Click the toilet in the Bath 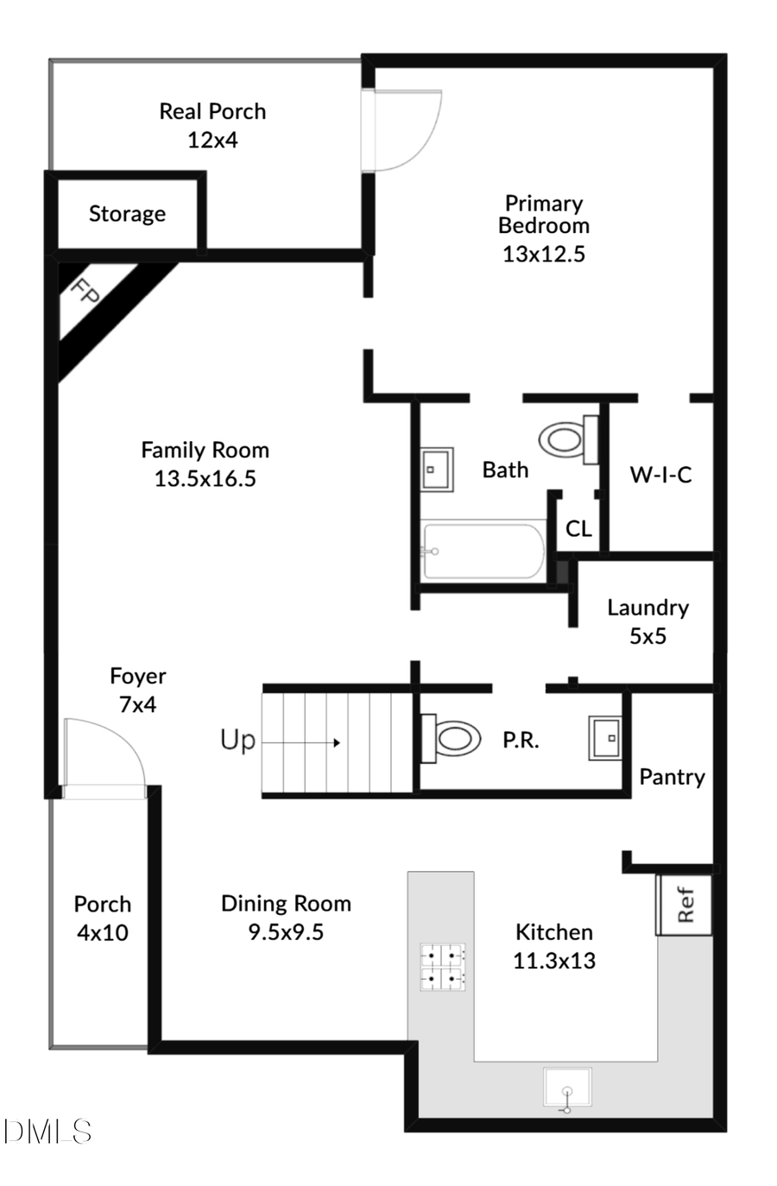[x=565, y=439]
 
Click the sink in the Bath [x=438, y=470]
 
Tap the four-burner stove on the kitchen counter [x=443, y=966]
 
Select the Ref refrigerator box [x=685, y=905]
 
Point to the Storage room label [x=127, y=214]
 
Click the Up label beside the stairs [x=237, y=741]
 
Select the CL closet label [x=578, y=528]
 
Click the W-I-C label [x=660, y=475]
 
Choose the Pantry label [x=672, y=777]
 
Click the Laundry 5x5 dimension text [x=647, y=636]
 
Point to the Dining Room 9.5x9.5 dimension [x=286, y=932]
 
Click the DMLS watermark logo [x=47, y=1131]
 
